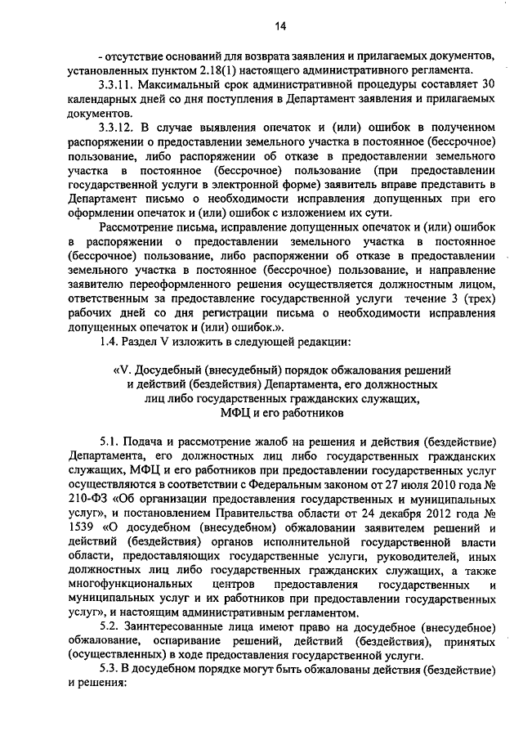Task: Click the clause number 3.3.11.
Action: point(118,85)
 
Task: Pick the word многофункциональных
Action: point(132,585)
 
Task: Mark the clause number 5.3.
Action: point(110,671)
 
